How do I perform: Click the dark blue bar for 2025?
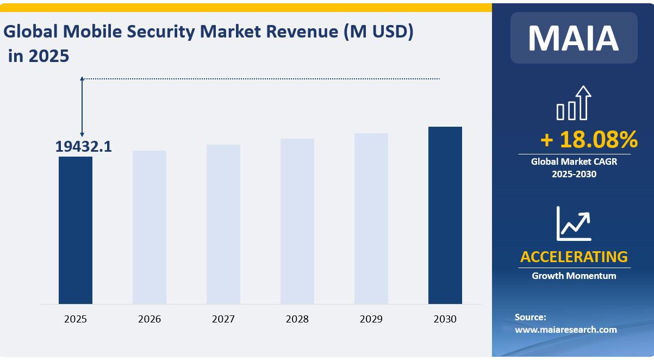tap(76, 230)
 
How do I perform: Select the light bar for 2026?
tap(150, 227)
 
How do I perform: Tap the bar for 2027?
tap(223, 224)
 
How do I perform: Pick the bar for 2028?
tap(297, 221)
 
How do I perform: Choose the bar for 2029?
tap(371, 219)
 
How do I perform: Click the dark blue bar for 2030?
tap(445, 215)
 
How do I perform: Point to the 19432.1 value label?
tap(83, 146)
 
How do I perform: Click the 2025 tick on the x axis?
tap(76, 319)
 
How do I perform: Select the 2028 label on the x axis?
tap(297, 319)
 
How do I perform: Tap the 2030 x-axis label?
tap(445, 319)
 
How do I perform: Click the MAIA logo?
tap(574, 38)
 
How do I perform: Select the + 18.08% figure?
tap(589, 140)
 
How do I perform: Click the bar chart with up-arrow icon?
tap(574, 103)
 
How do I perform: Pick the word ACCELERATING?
tap(574, 256)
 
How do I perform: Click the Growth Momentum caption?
tap(574, 276)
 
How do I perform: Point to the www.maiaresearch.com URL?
tap(566, 330)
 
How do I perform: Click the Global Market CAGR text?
tap(574, 161)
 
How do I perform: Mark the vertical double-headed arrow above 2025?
tap(82, 107)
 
